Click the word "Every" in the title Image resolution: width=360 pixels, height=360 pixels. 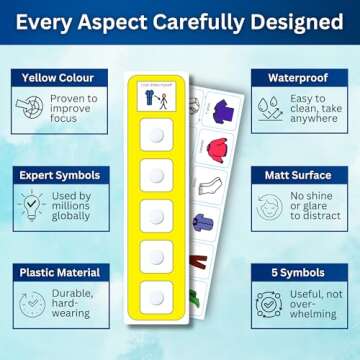pos(45,23)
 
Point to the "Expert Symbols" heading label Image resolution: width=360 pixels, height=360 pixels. pos(56,175)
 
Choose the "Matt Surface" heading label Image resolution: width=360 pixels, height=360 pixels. pos(306,175)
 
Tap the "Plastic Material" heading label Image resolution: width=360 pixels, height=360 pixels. pos(58,272)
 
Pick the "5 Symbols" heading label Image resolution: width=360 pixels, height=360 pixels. pos(306,272)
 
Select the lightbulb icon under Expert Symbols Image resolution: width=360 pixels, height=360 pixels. pos(33,207)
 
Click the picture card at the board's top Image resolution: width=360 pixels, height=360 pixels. pos(156,98)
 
